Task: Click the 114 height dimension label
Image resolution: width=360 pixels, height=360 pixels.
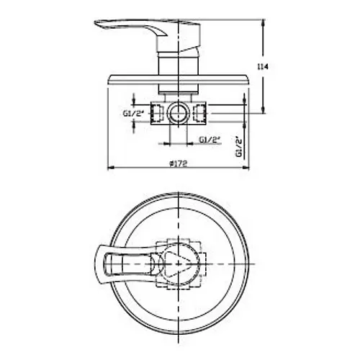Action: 263,67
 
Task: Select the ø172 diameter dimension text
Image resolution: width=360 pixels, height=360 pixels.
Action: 178,163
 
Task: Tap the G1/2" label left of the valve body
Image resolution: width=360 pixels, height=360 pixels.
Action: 133,113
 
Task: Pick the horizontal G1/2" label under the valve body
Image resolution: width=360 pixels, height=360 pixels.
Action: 210,139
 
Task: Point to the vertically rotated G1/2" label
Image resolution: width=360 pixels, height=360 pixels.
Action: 239,146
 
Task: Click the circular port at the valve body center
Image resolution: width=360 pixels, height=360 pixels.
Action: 178,113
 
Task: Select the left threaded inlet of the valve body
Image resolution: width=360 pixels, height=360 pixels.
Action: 157,113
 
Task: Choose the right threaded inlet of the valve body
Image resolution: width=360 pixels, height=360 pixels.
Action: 199,113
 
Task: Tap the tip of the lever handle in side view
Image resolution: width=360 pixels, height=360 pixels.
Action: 94,22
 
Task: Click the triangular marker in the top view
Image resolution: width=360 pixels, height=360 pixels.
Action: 176,264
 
